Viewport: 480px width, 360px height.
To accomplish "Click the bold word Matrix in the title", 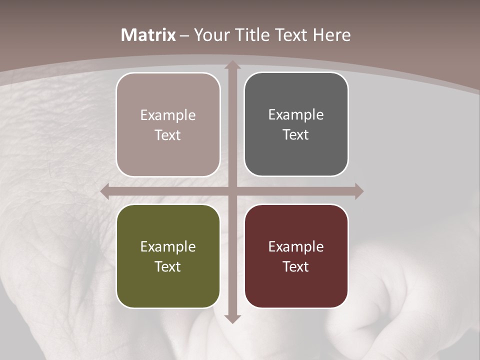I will tap(148, 35).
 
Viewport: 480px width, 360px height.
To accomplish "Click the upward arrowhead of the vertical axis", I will tap(232, 65).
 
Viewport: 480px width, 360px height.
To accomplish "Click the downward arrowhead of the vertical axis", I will tap(232, 318).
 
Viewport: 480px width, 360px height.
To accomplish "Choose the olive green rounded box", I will tap(168, 285).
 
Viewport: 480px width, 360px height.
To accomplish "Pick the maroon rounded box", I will tap(296, 285).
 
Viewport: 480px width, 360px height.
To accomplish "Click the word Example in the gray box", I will tap(296, 114).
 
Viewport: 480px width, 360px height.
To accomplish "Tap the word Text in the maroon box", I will tap(296, 266).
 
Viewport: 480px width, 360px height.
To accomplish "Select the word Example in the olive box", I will tap(168, 246).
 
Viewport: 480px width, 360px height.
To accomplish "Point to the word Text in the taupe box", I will tap(168, 135).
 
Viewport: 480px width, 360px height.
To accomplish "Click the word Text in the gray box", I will tap(296, 134).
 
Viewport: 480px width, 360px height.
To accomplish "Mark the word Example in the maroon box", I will tap(296, 246).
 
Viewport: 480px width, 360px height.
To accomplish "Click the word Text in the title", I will tap(291, 35).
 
